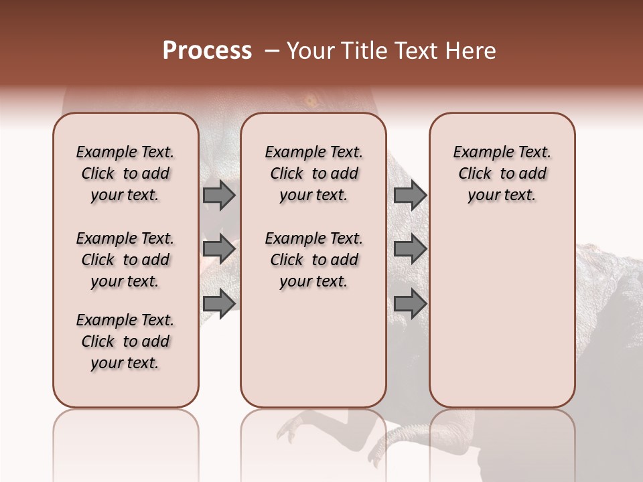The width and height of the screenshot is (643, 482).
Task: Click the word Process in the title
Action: click(207, 51)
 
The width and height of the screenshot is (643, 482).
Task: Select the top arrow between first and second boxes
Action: click(219, 195)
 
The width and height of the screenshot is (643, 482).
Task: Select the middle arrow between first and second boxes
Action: click(219, 249)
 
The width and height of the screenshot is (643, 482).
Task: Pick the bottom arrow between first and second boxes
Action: click(219, 303)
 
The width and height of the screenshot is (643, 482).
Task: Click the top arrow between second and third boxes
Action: click(410, 195)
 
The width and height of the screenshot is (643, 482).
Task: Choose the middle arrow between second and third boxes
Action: click(410, 249)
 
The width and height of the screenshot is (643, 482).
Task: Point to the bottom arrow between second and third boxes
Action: click(410, 303)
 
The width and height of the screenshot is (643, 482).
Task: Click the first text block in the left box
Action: click(125, 173)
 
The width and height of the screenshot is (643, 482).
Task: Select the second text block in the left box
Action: click(125, 260)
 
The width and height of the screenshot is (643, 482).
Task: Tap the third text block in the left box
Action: click(125, 341)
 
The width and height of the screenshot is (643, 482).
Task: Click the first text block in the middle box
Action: click(313, 173)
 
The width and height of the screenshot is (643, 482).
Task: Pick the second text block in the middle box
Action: click(313, 260)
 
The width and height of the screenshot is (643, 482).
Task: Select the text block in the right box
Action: click(502, 173)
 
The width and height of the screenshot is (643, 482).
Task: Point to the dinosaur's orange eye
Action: click(311, 101)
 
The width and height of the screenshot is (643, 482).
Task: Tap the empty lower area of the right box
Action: click(502, 321)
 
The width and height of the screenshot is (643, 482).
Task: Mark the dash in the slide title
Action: click(272, 51)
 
